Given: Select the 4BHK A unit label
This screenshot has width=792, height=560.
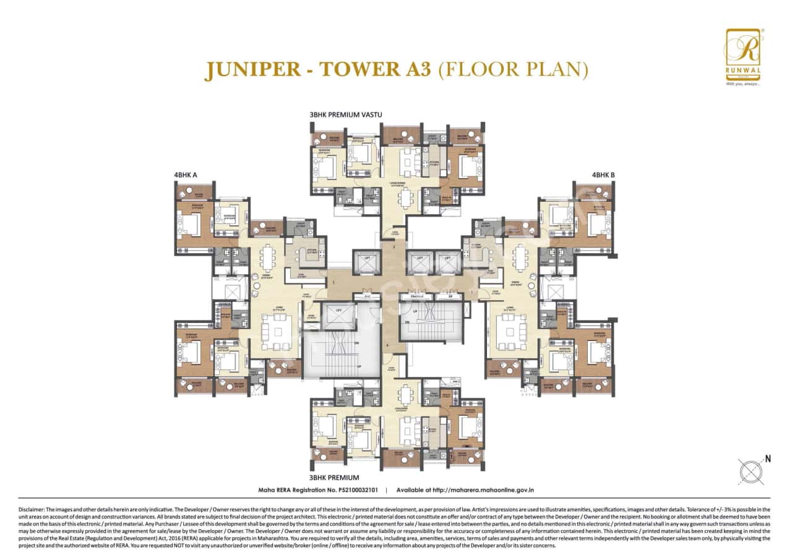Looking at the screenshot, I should pos(186,175).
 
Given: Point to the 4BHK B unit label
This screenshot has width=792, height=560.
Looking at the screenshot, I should pos(603,175).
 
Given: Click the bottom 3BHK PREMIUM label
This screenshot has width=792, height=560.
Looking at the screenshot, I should pos(334,478).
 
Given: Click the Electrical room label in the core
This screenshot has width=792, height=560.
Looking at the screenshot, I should pos(421,297).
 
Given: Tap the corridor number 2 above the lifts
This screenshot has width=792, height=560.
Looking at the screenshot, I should pos(393,246).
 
